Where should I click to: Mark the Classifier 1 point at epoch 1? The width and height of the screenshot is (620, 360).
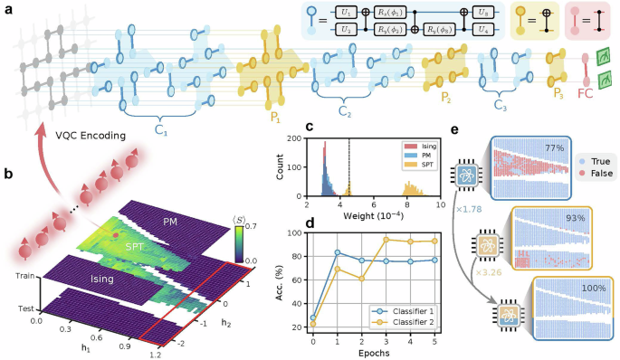[338, 252]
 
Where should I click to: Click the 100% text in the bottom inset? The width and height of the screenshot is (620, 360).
[595, 289]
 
